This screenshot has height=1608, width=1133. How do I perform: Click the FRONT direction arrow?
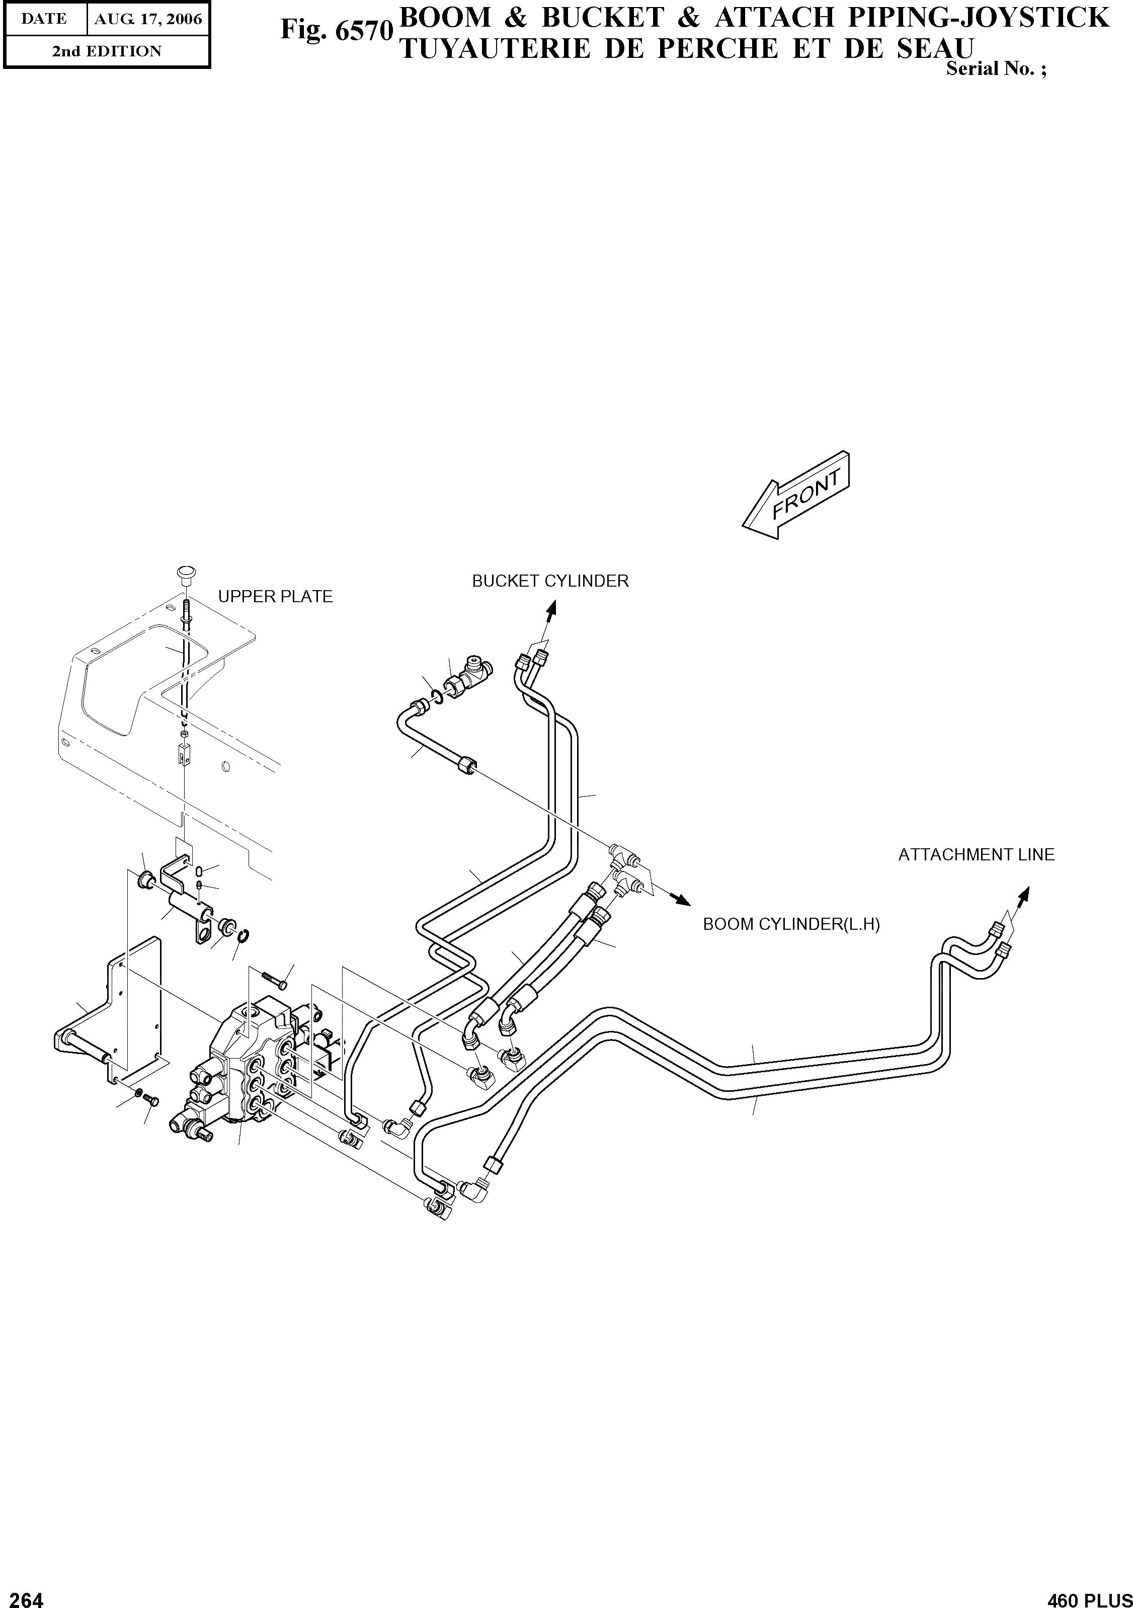(x=796, y=495)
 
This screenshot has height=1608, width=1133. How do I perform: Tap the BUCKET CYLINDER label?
(x=550, y=581)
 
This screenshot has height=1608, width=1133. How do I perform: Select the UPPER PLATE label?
(x=275, y=597)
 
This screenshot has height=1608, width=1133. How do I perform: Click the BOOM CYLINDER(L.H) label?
(x=791, y=924)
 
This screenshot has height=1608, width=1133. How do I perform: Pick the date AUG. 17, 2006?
(x=148, y=19)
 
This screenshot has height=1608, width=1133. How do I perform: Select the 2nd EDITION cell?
(x=107, y=51)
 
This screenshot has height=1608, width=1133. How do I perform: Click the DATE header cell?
(x=44, y=19)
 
